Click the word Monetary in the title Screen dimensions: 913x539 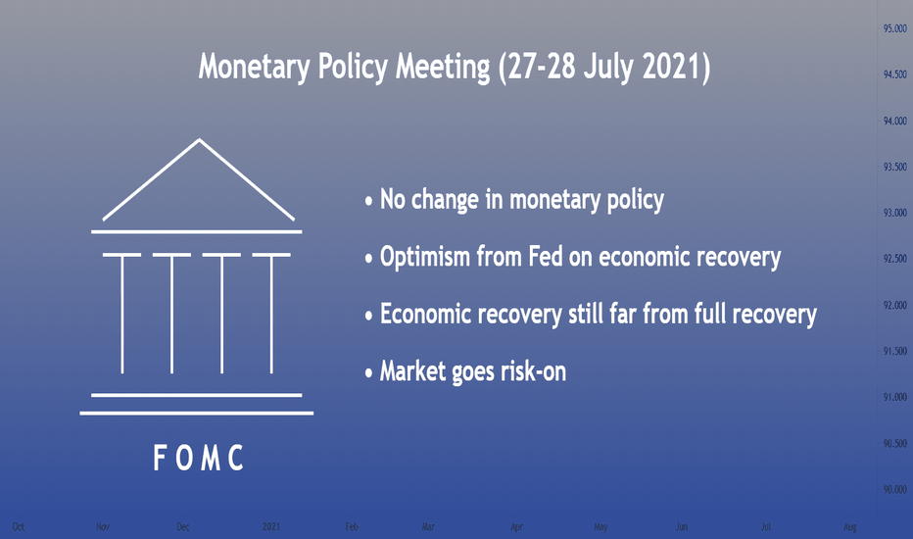pos(255,67)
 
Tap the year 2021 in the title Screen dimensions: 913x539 pos(676,66)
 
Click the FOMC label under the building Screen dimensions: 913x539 pos(198,458)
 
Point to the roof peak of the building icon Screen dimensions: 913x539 pos(199,139)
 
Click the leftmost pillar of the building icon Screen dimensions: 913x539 pos(122,314)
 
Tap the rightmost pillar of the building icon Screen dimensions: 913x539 pos(271,314)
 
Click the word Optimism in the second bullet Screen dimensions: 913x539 pos(424,257)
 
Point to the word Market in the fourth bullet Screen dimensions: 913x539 pos(412,371)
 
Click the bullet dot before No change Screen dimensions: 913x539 pos(368,202)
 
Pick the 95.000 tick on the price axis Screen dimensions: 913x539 pos(895,28)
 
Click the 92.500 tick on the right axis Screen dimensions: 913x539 pos(895,259)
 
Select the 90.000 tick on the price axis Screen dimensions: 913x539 pos(895,489)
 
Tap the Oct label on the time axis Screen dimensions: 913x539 pos(18,527)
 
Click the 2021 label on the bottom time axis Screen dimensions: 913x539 pos(270,527)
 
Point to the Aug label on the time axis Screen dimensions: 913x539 pos(849,527)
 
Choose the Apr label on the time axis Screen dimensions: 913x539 pos(516,527)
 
